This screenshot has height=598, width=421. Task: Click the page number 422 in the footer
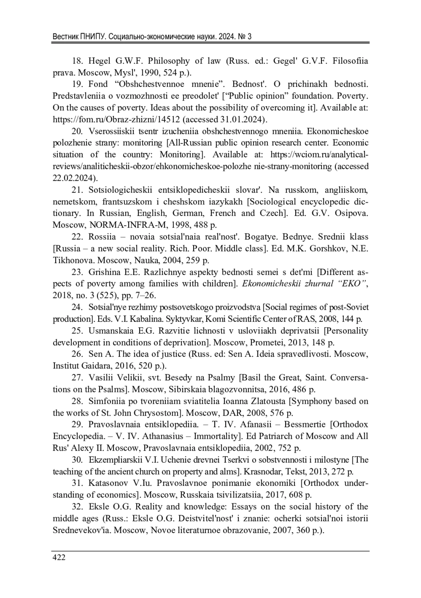pos(59,557)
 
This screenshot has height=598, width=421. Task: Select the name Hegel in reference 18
pos(100,61)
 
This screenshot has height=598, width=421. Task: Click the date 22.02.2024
pos(74,178)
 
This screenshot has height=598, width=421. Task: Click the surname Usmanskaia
pos(112,331)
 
